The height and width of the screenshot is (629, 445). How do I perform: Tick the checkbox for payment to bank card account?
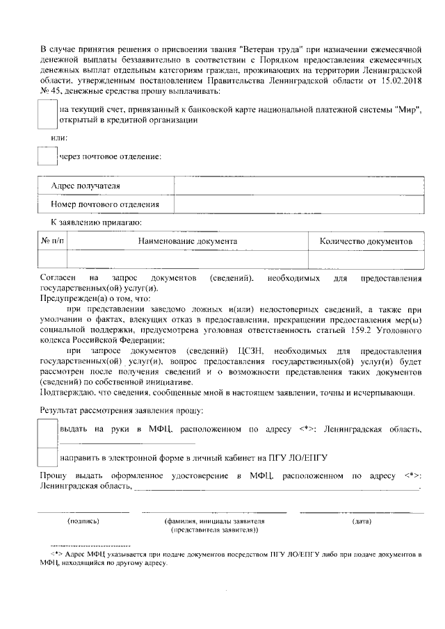tap(48, 114)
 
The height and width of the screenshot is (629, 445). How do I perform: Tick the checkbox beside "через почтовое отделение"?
tap(48, 156)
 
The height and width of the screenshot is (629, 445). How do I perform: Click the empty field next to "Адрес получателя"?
tap(298, 186)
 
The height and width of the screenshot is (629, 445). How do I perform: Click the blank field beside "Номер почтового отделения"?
tap(298, 204)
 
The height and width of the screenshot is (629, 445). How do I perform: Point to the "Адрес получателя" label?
tap(86, 186)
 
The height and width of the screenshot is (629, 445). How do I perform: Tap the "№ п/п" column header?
tap(53, 241)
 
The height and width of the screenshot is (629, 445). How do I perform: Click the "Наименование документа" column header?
tap(187, 241)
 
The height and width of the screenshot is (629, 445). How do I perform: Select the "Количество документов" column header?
tap(366, 241)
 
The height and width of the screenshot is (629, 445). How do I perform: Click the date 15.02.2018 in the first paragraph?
tap(402, 81)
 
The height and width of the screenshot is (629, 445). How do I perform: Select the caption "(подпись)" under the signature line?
tap(83, 521)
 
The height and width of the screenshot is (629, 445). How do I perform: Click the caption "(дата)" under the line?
tap(362, 521)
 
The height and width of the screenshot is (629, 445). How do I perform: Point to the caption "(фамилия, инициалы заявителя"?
tap(214, 521)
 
